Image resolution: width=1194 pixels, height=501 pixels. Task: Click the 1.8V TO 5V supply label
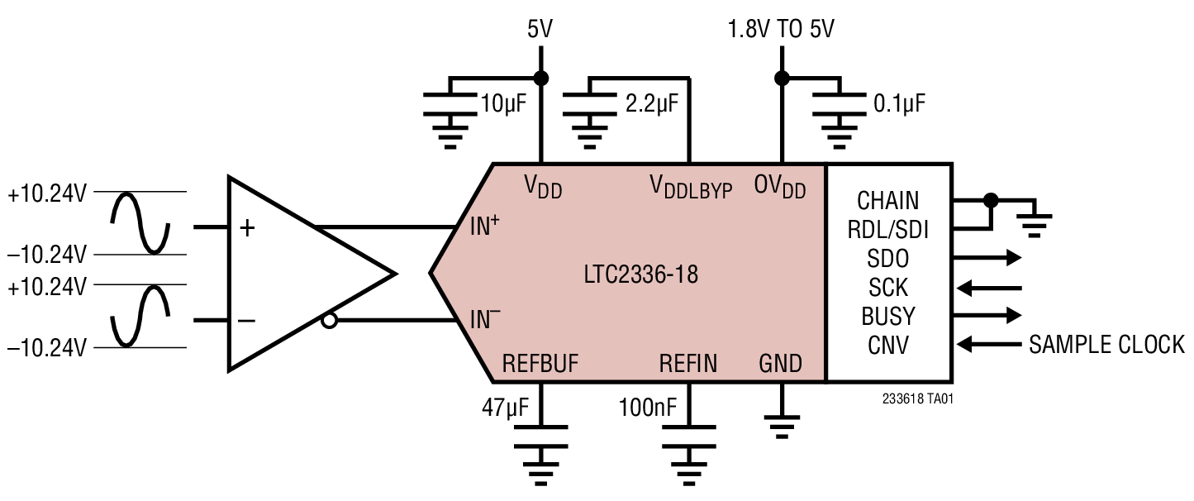tap(780, 31)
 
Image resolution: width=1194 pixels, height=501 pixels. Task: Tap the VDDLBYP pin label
tap(692, 188)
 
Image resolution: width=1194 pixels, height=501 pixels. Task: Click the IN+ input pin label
tap(485, 227)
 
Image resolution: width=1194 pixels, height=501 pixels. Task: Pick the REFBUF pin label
tap(540, 364)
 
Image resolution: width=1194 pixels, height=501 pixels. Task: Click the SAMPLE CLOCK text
tap(1106, 345)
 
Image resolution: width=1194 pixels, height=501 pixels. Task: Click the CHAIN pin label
tap(887, 201)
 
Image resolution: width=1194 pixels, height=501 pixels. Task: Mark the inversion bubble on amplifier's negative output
tap(329, 321)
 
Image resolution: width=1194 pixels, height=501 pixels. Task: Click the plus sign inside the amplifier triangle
tap(246, 228)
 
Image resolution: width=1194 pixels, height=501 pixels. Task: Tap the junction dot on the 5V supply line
tap(541, 79)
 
